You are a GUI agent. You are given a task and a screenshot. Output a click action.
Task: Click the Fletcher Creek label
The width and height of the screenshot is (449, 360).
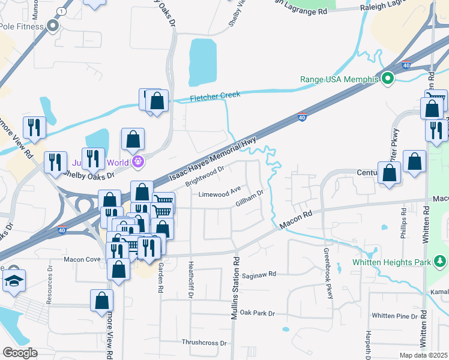215,96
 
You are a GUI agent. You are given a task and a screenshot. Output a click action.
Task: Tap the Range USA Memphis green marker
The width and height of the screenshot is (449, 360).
388,79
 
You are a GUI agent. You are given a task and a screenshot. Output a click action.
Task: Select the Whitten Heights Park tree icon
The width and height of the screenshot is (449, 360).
441,261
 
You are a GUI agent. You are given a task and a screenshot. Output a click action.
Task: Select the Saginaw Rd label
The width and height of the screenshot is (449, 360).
259,275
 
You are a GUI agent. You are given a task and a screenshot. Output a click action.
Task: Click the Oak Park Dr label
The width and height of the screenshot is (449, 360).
257,313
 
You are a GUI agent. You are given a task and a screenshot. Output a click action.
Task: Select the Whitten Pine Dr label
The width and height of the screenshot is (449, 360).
394,316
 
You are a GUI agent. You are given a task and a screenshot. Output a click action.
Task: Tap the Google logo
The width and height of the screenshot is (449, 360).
20,353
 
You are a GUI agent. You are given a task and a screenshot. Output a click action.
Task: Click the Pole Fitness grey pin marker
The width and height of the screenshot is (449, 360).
53,26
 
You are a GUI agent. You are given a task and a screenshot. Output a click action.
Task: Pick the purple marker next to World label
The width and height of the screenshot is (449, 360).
139,161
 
